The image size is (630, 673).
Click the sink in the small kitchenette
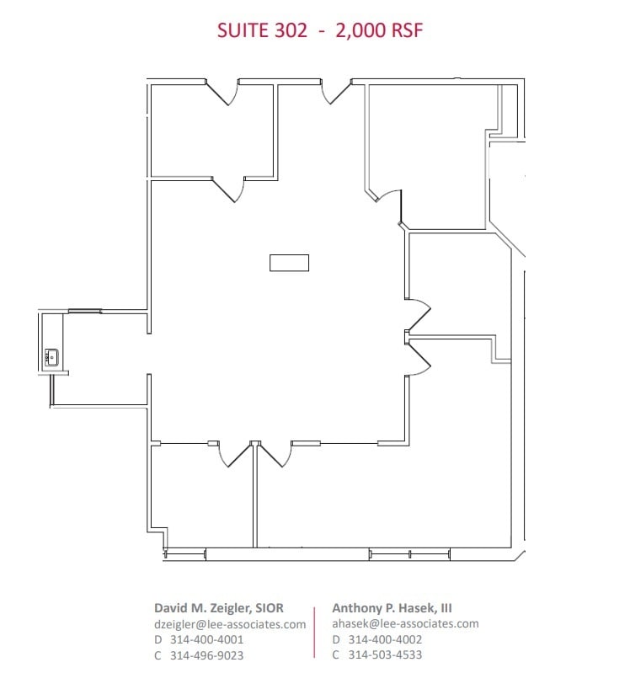click(51, 357)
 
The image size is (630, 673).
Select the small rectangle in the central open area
click(289, 263)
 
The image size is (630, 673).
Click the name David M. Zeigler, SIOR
click(218, 607)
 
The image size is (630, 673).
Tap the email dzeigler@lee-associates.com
click(229, 624)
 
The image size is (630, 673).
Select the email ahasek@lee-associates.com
click(405, 623)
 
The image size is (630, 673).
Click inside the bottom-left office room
click(202, 497)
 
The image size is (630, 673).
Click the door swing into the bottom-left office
click(234, 455)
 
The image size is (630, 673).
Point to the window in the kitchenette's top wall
click(84, 311)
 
